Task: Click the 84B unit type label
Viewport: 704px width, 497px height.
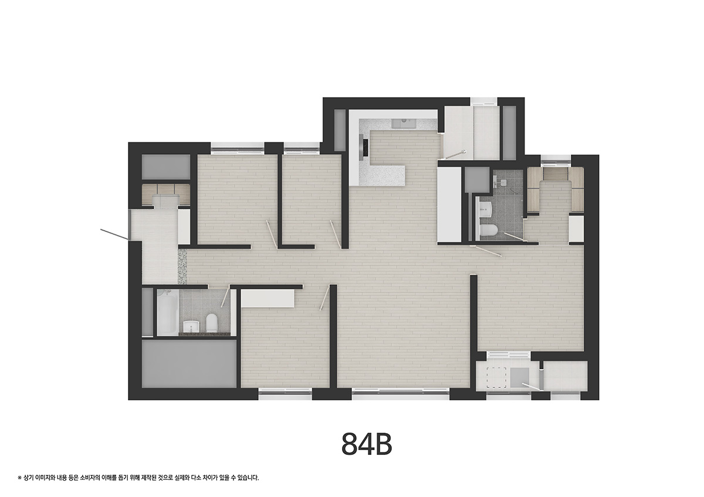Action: tap(367, 444)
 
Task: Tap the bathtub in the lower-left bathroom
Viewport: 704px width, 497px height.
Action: tap(168, 312)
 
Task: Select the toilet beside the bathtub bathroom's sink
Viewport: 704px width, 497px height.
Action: tap(212, 322)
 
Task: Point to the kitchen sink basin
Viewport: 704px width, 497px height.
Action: tap(404, 124)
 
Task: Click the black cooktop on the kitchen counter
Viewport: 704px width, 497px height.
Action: tap(364, 147)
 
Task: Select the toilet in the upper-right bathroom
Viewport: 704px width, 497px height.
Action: tap(488, 230)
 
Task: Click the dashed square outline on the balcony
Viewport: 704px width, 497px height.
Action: tap(496, 377)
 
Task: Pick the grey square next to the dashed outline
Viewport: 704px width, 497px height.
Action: tap(520, 377)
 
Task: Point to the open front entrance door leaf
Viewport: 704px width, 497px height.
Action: tap(114, 234)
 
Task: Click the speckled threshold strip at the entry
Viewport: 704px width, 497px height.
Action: tap(182, 266)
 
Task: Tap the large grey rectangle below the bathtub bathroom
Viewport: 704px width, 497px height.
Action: tap(189, 364)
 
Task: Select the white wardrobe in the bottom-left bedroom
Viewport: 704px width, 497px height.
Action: tap(268, 298)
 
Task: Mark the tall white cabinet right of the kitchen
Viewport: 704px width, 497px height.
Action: tap(450, 205)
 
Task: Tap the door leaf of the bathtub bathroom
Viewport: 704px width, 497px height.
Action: tap(225, 297)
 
